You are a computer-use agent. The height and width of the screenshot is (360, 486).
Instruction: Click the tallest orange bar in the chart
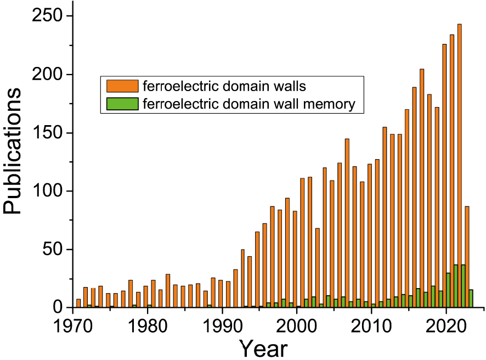(x=460, y=165)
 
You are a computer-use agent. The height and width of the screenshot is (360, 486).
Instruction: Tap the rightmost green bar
(x=471, y=299)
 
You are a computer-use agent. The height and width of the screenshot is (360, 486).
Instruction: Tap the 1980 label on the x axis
(x=147, y=323)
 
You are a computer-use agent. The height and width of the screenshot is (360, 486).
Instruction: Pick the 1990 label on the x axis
(x=222, y=323)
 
